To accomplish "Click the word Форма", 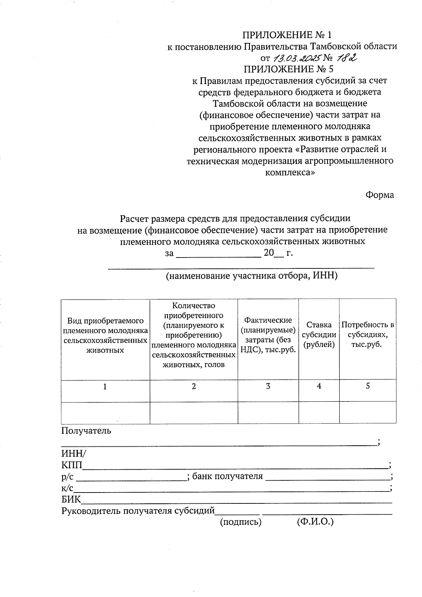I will tap(379, 195).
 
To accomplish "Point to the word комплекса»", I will tap(289, 172).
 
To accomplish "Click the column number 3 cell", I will tap(268, 386).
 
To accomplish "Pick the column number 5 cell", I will tap(367, 386).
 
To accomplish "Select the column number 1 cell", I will tap(105, 387).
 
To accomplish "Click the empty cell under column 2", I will tap(194, 413).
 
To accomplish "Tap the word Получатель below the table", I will tap(86, 430).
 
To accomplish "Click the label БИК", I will tap(71, 500).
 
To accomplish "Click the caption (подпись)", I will tap(241, 522).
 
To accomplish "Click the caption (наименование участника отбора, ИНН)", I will tap(251, 276).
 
